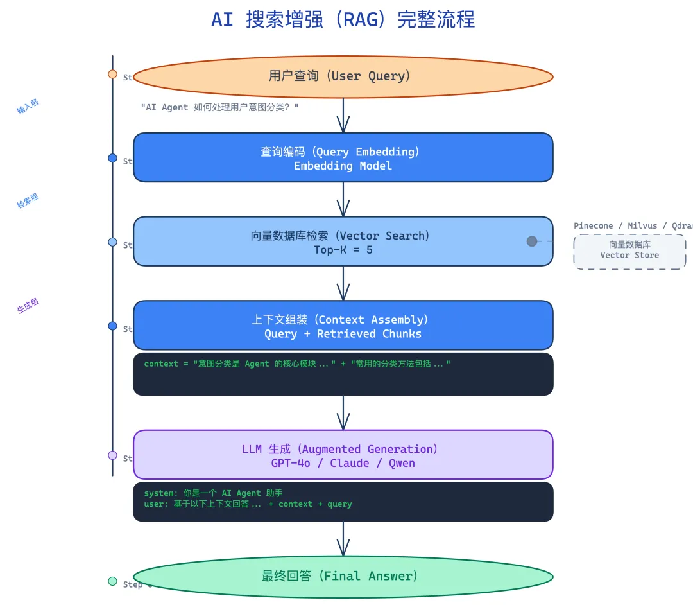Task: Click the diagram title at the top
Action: click(343, 19)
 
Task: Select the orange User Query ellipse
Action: click(343, 76)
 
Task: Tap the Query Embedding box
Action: click(343, 158)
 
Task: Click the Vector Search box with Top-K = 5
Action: click(343, 242)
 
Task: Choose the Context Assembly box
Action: click(343, 326)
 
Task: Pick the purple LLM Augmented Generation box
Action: click(343, 455)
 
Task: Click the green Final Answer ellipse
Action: click(343, 576)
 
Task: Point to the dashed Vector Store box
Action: click(629, 250)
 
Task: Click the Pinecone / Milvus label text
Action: click(633, 226)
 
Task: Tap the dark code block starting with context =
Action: click(343, 374)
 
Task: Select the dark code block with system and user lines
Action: click(343, 502)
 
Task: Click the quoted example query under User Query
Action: click(219, 107)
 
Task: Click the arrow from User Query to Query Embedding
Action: click(343, 116)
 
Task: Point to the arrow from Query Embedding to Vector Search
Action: click(343, 200)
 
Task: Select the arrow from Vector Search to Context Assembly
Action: click(343, 284)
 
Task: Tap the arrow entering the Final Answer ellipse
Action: click(343, 539)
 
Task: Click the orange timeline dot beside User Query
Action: click(113, 75)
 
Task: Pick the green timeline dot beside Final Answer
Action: click(113, 581)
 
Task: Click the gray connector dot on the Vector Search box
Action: click(532, 241)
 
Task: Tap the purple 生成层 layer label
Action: click(28, 306)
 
